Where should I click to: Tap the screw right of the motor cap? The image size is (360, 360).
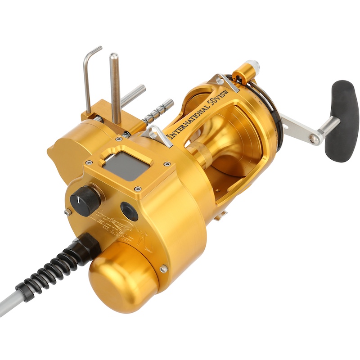pos(163,269)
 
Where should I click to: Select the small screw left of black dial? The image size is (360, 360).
pos(67,212)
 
